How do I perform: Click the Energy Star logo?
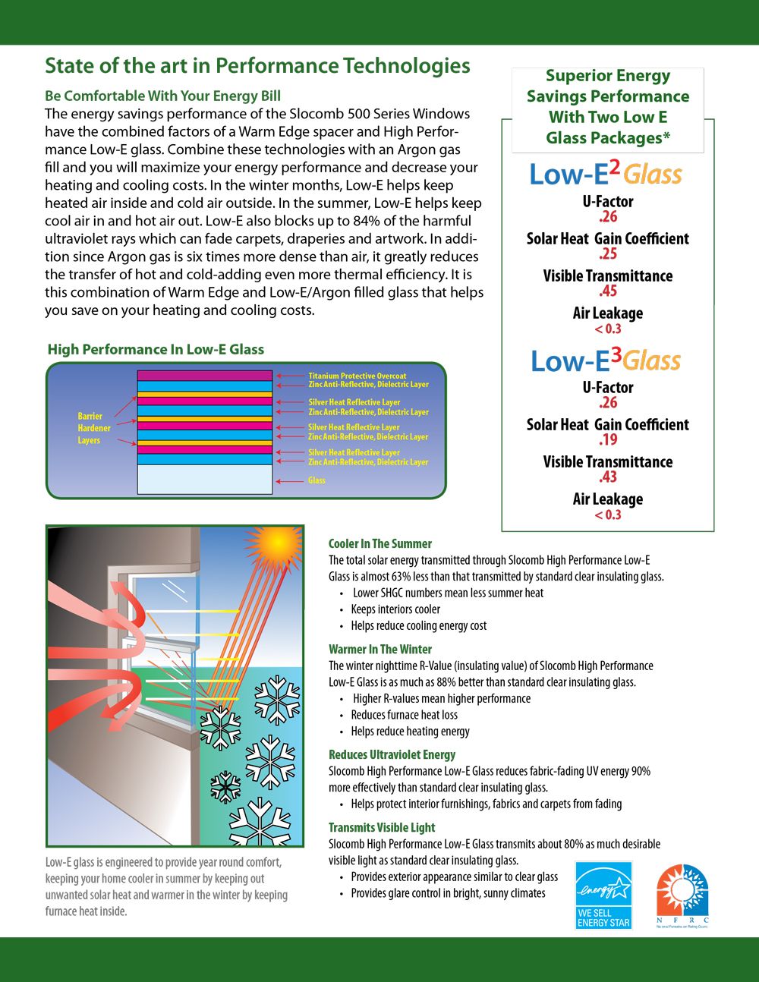603,895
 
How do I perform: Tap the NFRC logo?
682,895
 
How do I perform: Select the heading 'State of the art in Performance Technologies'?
257,66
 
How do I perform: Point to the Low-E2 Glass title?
606,174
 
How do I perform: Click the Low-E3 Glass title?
606,360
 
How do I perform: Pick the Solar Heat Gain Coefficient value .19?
608,440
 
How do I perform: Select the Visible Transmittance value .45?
608,291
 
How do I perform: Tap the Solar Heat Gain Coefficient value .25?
608,254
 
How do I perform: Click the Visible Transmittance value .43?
608,477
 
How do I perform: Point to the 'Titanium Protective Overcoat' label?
357,376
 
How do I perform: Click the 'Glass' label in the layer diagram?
317,480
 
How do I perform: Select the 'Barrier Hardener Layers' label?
93,428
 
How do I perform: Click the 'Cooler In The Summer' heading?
379,543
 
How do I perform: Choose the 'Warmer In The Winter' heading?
379,649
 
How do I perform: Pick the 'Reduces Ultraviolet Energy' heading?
392,754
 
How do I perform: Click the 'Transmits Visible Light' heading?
382,827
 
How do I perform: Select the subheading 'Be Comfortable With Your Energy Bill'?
162,96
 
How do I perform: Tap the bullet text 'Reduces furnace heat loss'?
404,715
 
